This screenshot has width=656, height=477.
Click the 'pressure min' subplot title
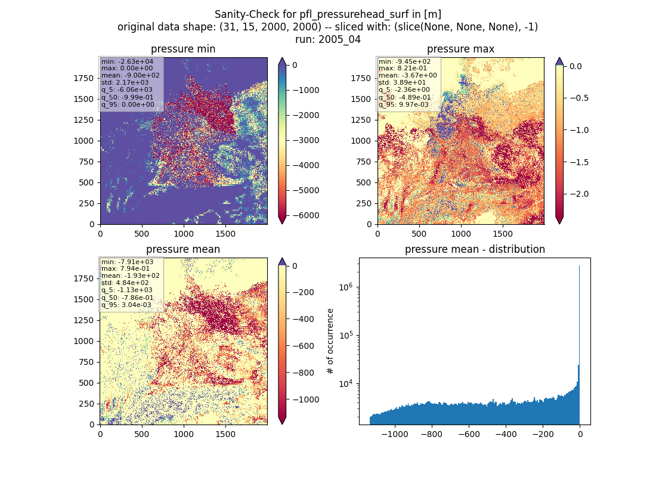point(183,49)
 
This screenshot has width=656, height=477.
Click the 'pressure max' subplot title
point(460,49)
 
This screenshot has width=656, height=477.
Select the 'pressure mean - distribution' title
point(475,249)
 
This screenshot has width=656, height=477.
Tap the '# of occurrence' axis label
point(330,342)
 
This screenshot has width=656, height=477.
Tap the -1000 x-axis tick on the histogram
point(395,434)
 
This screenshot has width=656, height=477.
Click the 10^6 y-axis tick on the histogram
point(345,287)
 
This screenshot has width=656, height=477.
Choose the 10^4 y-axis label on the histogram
point(345,383)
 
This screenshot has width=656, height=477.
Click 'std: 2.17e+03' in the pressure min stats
point(125,82)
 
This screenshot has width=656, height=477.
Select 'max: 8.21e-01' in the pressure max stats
point(403,68)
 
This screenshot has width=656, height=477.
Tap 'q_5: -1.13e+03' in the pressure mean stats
point(127,290)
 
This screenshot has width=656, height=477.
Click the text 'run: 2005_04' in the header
point(327,40)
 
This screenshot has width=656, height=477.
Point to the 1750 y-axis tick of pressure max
point(360,78)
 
